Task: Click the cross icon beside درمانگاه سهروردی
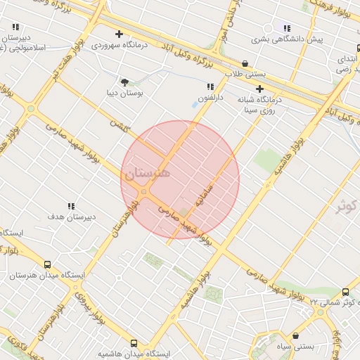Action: tap(119, 34)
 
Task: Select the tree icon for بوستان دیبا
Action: tap(124, 82)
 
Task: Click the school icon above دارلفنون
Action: tap(210, 87)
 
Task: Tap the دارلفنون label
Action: tap(210, 98)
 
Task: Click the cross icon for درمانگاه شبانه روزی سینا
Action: tap(260, 89)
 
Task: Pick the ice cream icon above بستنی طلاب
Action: tap(245, 63)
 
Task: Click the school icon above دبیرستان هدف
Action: tap(71, 206)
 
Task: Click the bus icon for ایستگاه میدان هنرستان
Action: tap(47, 265)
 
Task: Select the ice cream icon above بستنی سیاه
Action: tap(295, 336)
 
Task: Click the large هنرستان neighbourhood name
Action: tap(146, 173)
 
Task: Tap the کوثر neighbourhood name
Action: tap(347, 206)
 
